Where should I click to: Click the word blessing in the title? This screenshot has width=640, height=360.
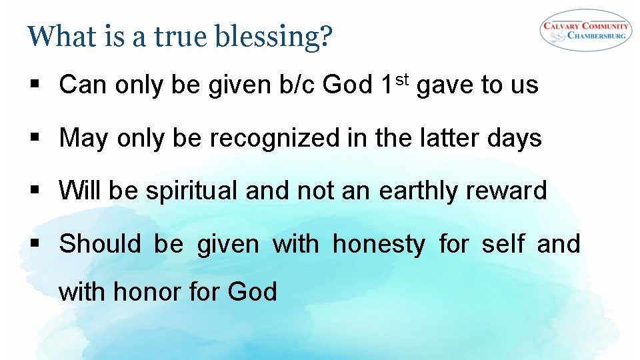pyautogui.click(x=273, y=36)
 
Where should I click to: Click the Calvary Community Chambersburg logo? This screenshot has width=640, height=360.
pyautogui.click(x=585, y=29)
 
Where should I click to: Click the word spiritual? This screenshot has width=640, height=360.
pyautogui.click(x=192, y=191)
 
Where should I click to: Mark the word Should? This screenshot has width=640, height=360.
pyautogui.click(x=100, y=244)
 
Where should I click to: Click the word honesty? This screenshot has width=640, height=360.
pyautogui.click(x=378, y=245)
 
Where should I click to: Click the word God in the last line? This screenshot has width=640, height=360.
pyautogui.click(x=252, y=291)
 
